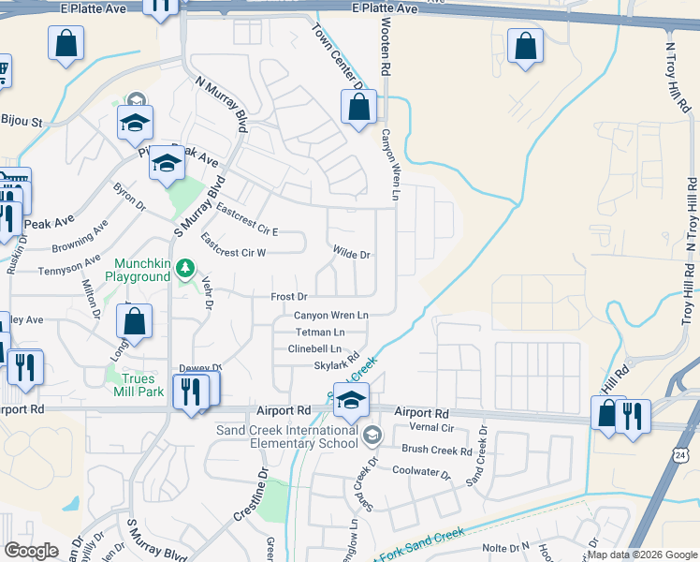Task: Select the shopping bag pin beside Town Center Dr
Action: coord(359,109)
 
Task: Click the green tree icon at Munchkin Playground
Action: coord(185,270)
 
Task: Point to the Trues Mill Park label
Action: coord(137,385)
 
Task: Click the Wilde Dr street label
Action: coord(353,254)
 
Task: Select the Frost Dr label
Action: coord(289,296)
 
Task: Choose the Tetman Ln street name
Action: coord(320,332)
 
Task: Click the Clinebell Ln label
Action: coord(314,348)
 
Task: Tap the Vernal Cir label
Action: coord(431,427)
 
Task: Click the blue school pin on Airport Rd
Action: coord(351,400)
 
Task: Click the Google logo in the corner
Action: coord(32,551)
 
